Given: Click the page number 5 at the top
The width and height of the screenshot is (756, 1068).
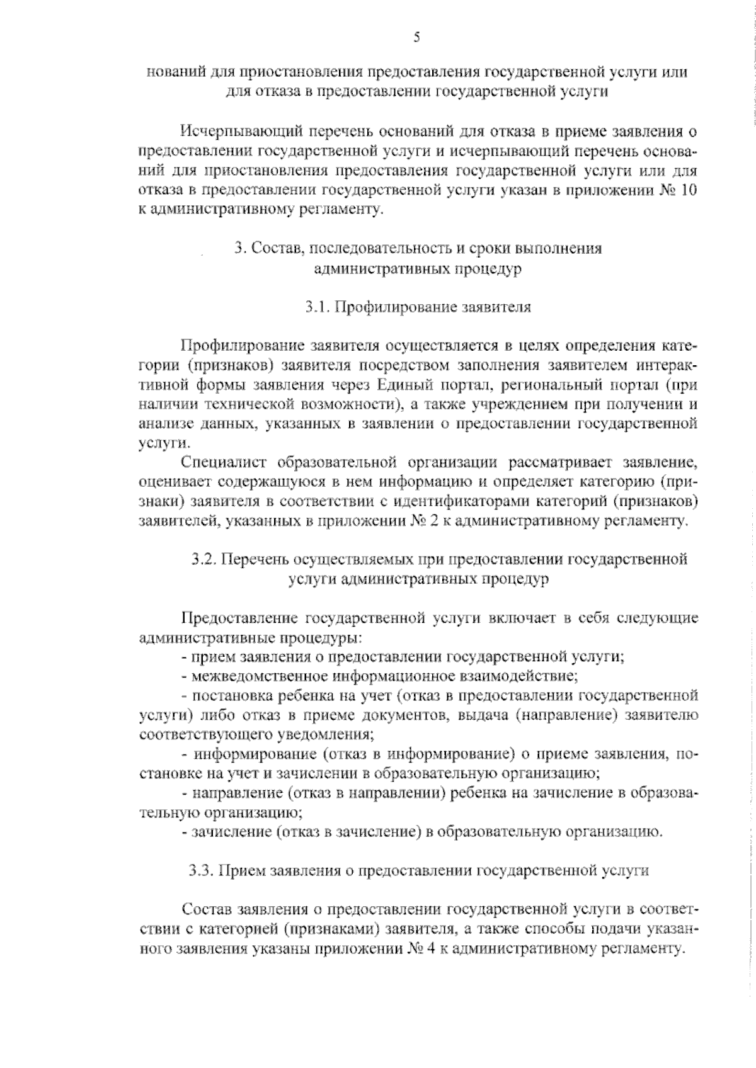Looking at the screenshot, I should [x=416, y=37].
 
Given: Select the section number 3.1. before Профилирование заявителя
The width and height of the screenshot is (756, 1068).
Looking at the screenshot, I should [x=318, y=307].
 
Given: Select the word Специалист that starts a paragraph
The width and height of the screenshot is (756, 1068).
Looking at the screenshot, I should [x=223, y=463].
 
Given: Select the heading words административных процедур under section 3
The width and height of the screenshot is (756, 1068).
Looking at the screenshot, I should [x=418, y=269].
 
